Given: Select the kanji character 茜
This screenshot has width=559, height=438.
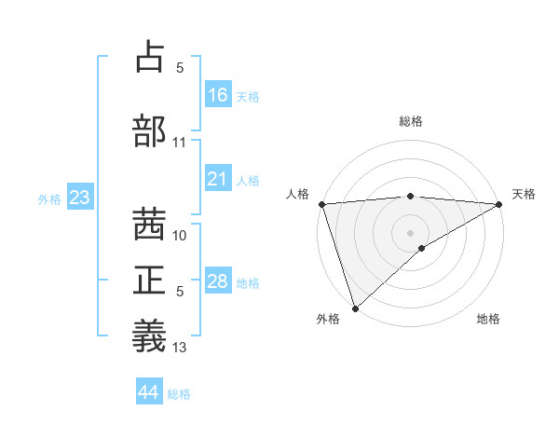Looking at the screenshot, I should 149,225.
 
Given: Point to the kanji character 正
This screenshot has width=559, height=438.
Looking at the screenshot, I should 149,280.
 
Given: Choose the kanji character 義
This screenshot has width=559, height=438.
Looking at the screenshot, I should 149,335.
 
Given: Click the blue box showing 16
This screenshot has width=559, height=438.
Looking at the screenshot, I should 218,94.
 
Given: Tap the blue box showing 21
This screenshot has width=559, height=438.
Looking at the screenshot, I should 218,179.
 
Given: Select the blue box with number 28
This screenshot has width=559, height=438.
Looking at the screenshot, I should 218,281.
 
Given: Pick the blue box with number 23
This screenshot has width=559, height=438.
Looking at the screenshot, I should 79,198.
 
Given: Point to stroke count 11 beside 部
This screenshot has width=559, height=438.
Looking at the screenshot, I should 180,143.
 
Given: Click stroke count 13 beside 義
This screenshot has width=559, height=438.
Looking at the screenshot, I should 180,348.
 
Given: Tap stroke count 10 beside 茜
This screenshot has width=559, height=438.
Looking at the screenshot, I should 180,236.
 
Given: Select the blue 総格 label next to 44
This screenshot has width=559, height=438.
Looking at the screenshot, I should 179,394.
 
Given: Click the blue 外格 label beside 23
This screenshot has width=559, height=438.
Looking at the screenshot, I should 49,198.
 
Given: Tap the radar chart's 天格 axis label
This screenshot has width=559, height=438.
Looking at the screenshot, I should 524,194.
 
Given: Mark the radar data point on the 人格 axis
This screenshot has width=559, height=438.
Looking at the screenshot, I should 321,203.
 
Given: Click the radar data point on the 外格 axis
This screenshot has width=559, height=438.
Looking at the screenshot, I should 354,308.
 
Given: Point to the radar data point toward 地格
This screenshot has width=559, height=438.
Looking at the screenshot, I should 422,248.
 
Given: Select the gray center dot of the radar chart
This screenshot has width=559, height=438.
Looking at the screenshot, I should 410,231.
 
